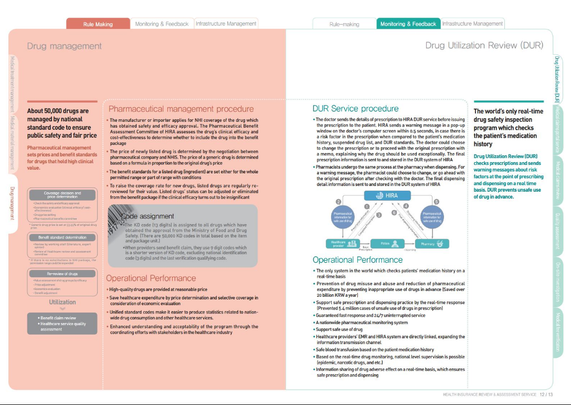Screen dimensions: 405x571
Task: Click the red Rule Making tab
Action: point(98,24)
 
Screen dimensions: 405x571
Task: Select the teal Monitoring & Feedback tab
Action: point(408,24)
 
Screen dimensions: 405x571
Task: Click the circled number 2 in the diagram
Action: point(339,202)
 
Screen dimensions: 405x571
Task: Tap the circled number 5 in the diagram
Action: point(437,202)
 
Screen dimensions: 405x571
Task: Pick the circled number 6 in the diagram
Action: point(394,212)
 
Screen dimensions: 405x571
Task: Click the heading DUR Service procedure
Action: point(355,109)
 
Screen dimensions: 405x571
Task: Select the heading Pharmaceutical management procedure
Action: point(181,109)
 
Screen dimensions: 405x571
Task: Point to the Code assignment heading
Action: point(147,216)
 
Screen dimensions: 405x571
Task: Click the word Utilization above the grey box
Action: point(62,302)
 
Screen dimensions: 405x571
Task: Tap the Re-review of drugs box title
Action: point(62,274)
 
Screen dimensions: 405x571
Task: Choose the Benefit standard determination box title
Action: point(62,237)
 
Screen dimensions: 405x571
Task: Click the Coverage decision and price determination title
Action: point(62,195)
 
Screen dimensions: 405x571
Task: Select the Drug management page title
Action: point(64,46)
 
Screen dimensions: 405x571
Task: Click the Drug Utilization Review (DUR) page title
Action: point(484,46)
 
